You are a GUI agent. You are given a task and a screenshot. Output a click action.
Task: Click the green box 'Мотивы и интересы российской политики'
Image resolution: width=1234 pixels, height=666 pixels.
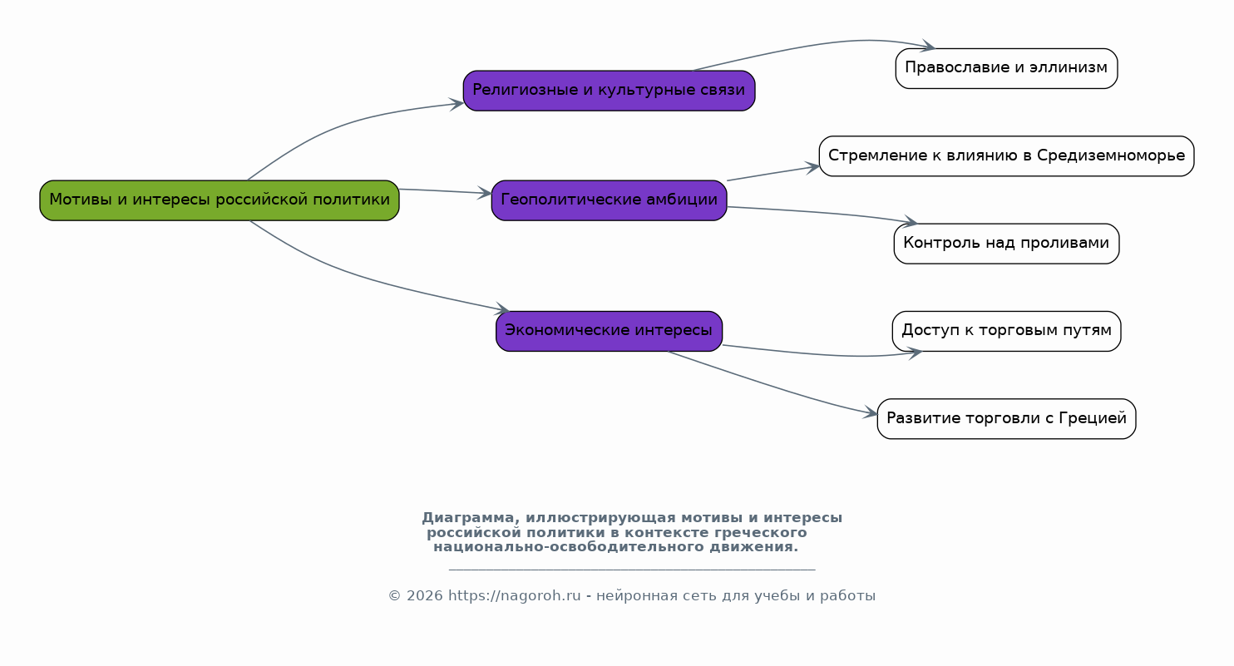(x=220, y=200)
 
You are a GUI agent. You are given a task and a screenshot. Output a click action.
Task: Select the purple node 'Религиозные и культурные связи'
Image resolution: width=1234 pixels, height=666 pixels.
(x=609, y=91)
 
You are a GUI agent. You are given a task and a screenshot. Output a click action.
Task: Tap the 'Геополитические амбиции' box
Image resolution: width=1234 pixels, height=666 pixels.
(x=609, y=200)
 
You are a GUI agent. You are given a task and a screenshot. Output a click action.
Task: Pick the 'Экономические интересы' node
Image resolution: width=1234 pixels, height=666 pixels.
(x=609, y=331)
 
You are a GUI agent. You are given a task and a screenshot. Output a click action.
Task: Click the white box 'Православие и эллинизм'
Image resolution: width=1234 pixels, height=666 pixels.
(x=1006, y=68)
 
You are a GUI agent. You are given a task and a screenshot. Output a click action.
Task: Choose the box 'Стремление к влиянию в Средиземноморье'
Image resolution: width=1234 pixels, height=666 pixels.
(x=1006, y=156)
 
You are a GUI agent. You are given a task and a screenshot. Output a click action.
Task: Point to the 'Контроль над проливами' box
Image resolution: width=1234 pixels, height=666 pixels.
(x=1006, y=244)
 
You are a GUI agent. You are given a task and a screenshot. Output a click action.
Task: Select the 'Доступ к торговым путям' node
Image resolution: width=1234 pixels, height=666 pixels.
(x=1006, y=331)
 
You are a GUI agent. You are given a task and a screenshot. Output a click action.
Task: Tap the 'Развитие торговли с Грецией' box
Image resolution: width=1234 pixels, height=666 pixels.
(x=1006, y=419)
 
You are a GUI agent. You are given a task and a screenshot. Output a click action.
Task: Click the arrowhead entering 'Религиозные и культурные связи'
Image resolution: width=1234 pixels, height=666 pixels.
(x=457, y=104)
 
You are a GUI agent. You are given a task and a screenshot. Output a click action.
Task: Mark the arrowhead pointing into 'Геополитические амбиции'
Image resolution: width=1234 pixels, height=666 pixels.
(x=485, y=193)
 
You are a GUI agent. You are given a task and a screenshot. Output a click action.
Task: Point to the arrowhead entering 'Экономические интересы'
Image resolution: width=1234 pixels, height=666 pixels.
(x=502, y=309)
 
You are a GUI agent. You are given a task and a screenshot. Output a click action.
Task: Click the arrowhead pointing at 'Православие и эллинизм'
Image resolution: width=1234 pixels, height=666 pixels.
(x=928, y=47)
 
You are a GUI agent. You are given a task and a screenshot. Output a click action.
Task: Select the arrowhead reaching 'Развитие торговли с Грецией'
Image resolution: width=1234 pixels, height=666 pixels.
(x=871, y=412)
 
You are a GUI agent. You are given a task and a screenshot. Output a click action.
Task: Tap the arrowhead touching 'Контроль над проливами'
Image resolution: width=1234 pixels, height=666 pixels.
(x=910, y=221)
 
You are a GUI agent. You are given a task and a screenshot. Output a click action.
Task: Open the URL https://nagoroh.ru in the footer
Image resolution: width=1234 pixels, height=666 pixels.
(x=514, y=595)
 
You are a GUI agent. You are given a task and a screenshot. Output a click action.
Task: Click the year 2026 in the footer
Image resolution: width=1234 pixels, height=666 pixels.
(x=424, y=595)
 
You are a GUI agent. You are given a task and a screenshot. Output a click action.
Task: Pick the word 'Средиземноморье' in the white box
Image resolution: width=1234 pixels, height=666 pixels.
(x=1111, y=155)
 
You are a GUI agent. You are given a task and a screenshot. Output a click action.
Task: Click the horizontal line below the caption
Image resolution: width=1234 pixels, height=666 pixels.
(x=632, y=570)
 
